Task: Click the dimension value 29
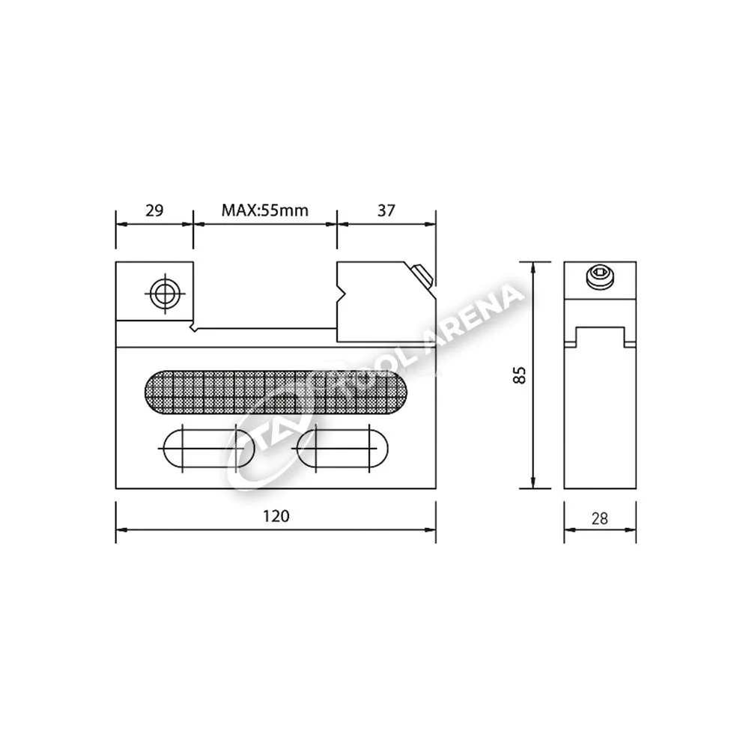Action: [x=154, y=210]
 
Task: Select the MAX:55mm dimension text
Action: [x=264, y=210]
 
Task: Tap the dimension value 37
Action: [x=386, y=210]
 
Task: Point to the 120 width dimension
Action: [x=276, y=516]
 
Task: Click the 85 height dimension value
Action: [x=519, y=375]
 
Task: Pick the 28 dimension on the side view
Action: [x=599, y=518]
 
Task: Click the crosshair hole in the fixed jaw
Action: [x=165, y=294]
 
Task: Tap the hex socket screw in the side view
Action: [x=599, y=278]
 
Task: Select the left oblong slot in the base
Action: [x=209, y=449]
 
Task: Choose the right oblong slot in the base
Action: [x=342, y=449]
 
